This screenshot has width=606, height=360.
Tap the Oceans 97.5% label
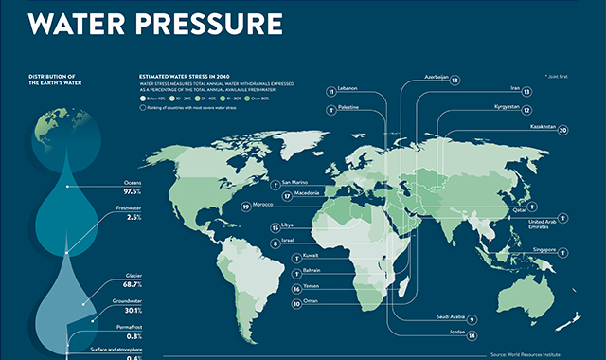(x=126, y=188)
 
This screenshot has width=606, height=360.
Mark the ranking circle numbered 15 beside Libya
(x=274, y=228)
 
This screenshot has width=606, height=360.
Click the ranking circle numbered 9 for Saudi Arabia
(x=471, y=319)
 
